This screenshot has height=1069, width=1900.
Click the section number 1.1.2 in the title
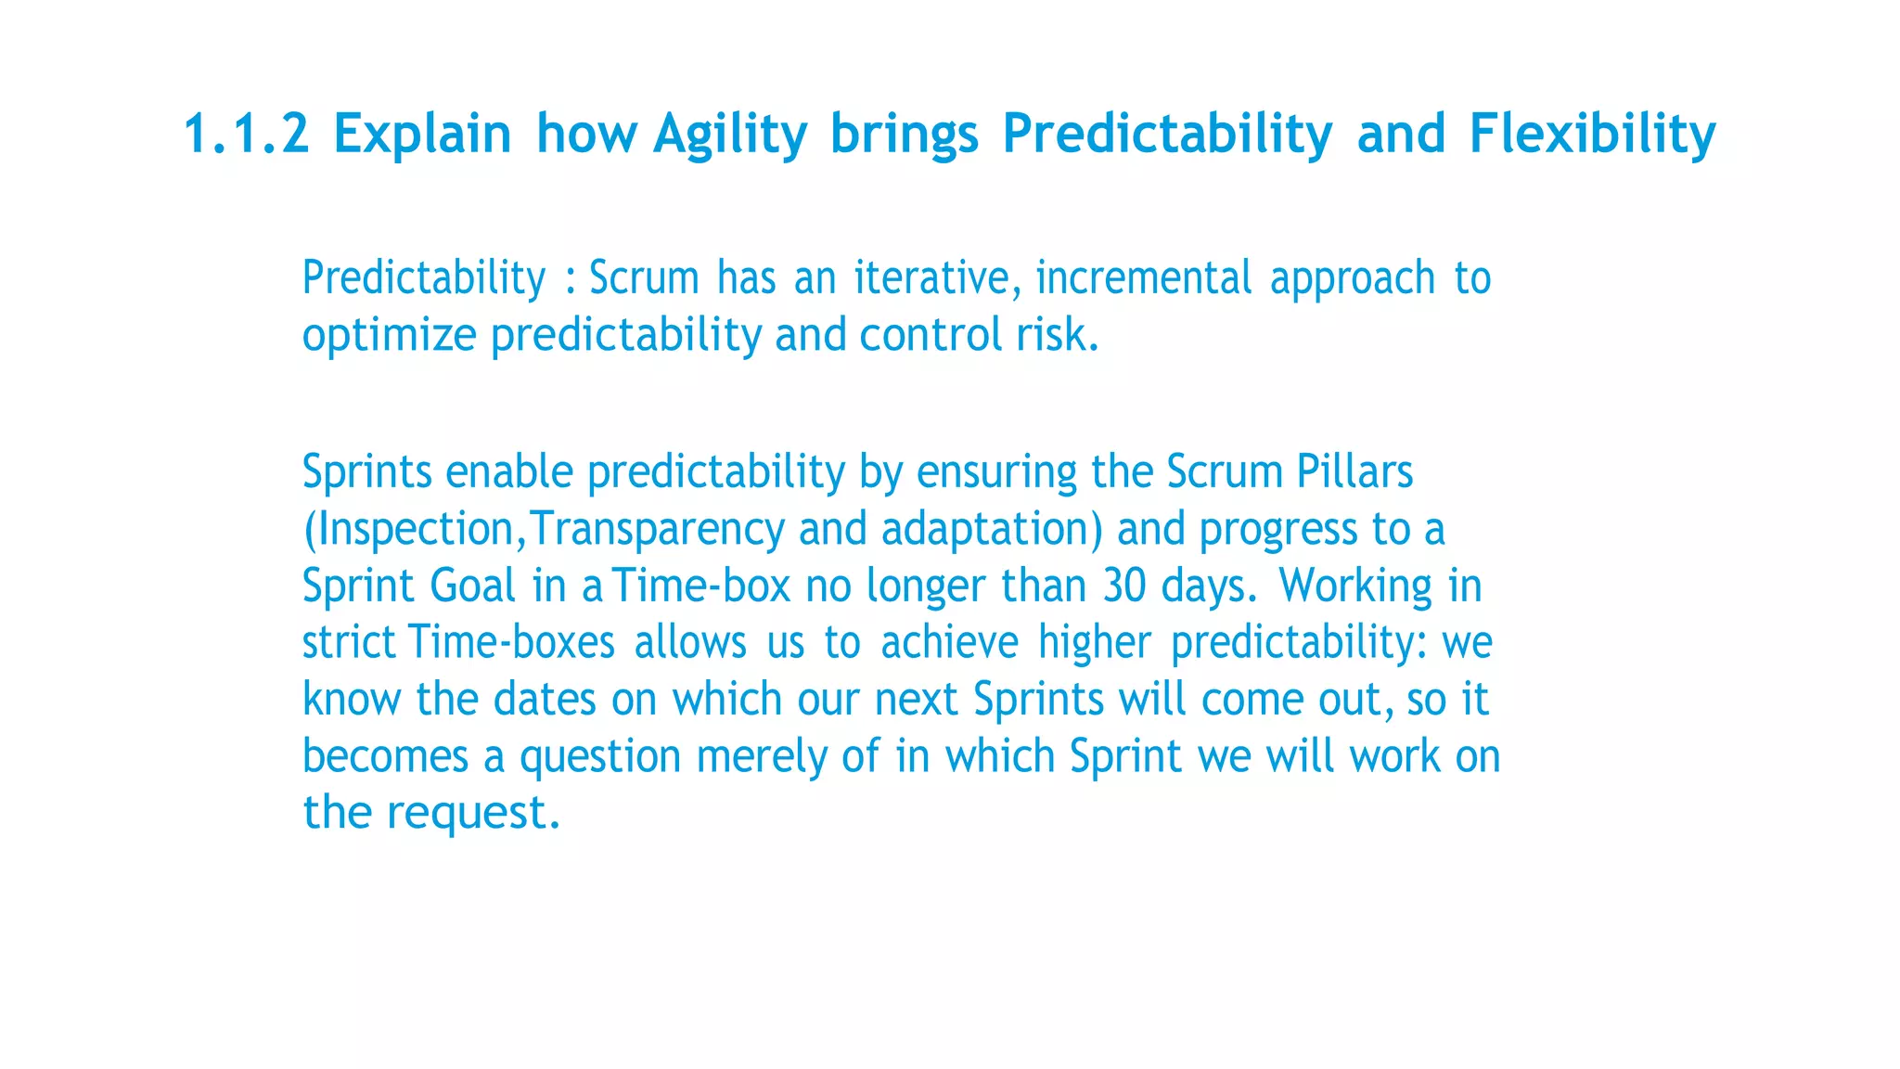(246, 133)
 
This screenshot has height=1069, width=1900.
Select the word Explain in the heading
(422, 133)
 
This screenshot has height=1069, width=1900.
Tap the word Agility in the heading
(730, 135)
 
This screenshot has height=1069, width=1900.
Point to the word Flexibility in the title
(1592, 133)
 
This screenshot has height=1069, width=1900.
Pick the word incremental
(1143, 278)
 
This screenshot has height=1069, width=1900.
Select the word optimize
(389, 336)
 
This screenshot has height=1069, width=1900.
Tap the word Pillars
(1354, 471)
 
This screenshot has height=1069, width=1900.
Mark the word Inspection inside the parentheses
(415, 530)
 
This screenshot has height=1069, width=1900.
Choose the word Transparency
(658, 530)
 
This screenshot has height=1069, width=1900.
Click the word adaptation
(985, 530)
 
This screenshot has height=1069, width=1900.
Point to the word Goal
(472, 586)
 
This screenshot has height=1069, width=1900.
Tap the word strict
(349, 642)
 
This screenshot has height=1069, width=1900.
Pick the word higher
(1094, 642)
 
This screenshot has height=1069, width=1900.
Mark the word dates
(545, 699)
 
